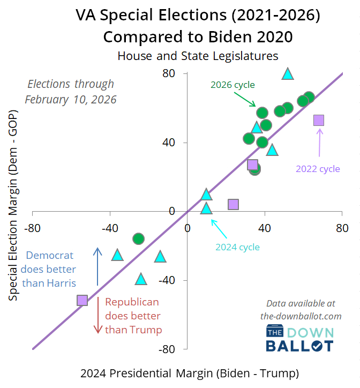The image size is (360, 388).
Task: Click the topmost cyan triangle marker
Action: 288,74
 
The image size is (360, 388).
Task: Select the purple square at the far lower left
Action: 82,300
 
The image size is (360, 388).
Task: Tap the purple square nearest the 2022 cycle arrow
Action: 319,120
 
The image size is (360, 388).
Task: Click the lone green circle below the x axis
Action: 138,238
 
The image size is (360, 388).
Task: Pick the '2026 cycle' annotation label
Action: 232,85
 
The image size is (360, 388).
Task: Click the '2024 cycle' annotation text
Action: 237,247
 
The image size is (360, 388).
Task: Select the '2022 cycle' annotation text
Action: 318,168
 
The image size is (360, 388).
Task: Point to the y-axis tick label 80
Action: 169,73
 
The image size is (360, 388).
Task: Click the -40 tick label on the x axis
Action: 110,228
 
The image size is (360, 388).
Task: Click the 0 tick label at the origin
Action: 187,228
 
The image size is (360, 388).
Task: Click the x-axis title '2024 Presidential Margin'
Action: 189,372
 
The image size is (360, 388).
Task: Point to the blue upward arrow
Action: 97,266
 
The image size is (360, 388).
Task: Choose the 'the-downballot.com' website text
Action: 301,316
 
